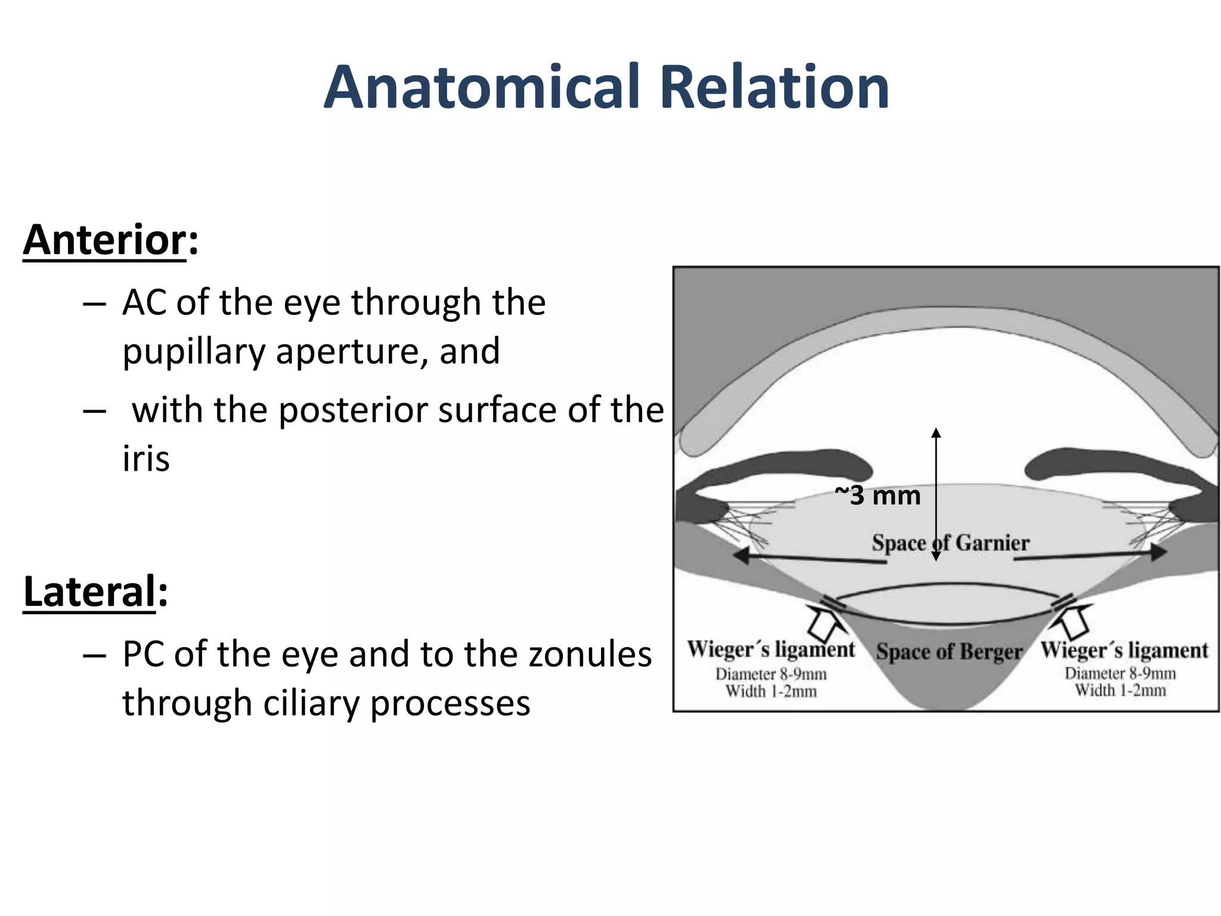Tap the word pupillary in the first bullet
click(x=193, y=351)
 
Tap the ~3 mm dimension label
click(x=878, y=496)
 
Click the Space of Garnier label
click(x=950, y=543)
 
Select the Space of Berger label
click(x=949, y=651)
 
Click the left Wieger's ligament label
click(x=770, y=649)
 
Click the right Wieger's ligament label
click(x=1124, y=650)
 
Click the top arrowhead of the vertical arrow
click(x=936, y=432)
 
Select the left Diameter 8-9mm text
click(x=771, y=674)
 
